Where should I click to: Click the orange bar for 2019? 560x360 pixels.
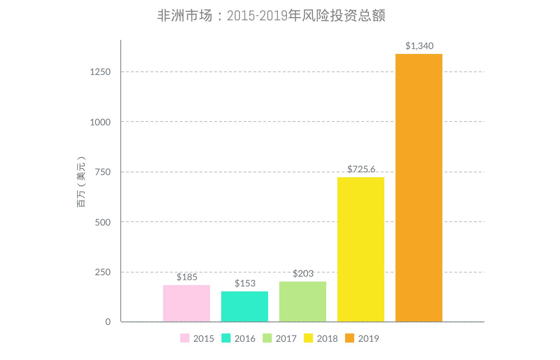point(419,188)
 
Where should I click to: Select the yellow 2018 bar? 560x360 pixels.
point(360,249)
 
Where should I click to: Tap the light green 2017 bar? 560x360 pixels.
point(302,302)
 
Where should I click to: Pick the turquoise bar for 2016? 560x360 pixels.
point(244,306)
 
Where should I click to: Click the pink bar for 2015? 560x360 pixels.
point(186,303)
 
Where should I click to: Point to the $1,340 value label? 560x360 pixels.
point(419,46)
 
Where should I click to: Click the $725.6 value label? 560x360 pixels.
point(361,169)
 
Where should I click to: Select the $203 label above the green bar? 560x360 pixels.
point(303,274)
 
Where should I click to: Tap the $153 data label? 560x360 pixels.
point(245,283)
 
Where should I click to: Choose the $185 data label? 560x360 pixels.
point(187,277)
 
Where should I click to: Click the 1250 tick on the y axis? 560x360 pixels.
point(100,72)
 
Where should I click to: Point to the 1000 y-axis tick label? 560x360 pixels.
point(100,122)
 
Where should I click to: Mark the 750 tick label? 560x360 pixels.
point(103,172)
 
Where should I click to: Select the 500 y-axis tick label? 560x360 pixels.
point(103,222)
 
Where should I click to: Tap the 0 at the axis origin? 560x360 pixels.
point(108,322)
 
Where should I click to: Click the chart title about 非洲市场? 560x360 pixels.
point(271,16)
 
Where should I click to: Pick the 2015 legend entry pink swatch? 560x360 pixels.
point(185,338)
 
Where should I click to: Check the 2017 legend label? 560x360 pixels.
point(286,339)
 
